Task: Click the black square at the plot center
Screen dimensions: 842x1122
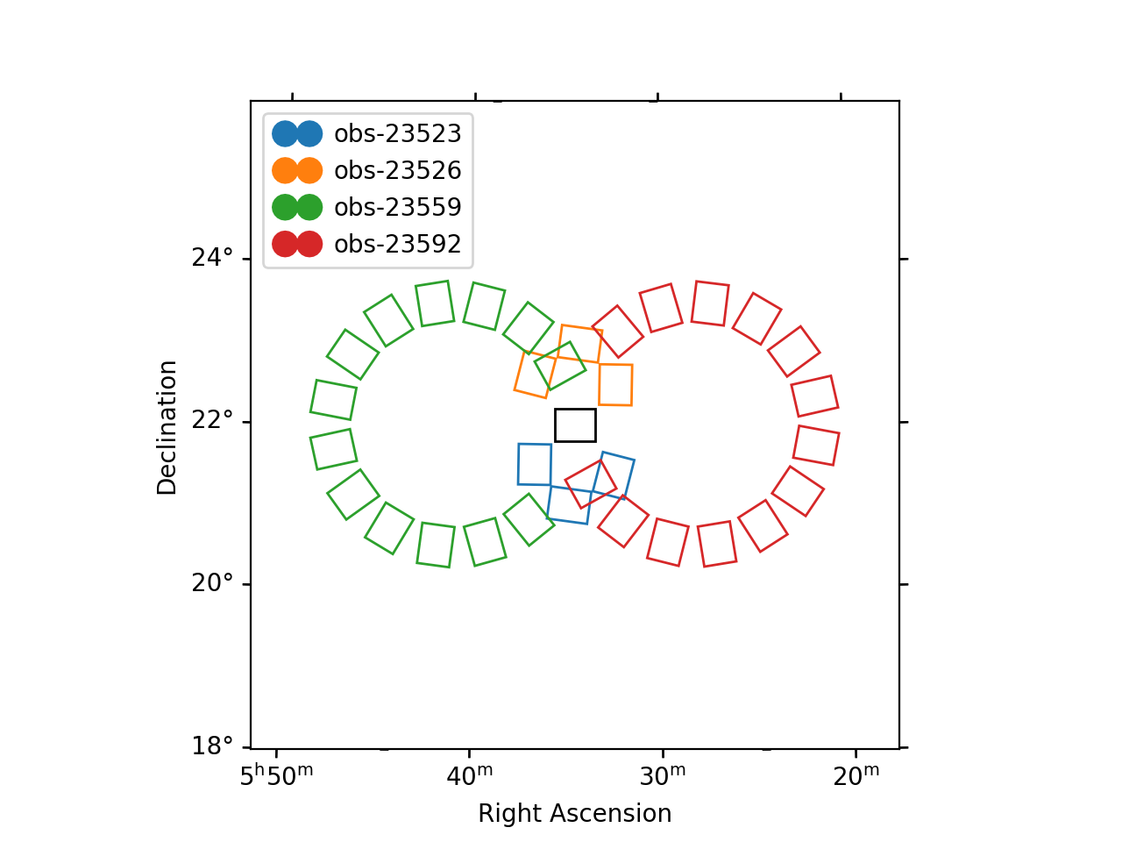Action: click(575, 425)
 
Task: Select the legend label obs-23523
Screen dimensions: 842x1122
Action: click(397, 133)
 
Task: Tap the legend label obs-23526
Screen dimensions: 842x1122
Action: click(397, 170)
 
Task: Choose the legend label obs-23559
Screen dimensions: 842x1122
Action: click(397, 207)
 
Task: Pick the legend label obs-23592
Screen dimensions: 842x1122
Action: click(397, 244)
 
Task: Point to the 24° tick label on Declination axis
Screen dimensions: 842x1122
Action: click(213, 258)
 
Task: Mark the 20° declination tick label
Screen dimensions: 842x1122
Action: click(213, 583)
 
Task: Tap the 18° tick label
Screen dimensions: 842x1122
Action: click(213, 746)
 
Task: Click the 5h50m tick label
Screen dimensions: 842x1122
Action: click(276, 776)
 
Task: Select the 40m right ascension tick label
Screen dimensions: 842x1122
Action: click(471, 776)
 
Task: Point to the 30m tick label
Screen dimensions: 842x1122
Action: click(664, 776)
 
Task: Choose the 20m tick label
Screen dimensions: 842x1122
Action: click(856, 776)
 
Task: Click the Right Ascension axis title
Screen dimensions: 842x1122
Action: click(574, 814)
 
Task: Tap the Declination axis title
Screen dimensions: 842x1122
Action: click(167, 427)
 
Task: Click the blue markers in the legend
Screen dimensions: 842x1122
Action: click(297, 133)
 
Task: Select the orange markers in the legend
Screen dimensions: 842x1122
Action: click(297, 170)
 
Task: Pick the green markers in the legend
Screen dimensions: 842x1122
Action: click(297, 207)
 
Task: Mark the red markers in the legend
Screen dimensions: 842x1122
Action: click(297, 244)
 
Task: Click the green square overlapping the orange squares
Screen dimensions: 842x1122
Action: click(560, 366)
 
